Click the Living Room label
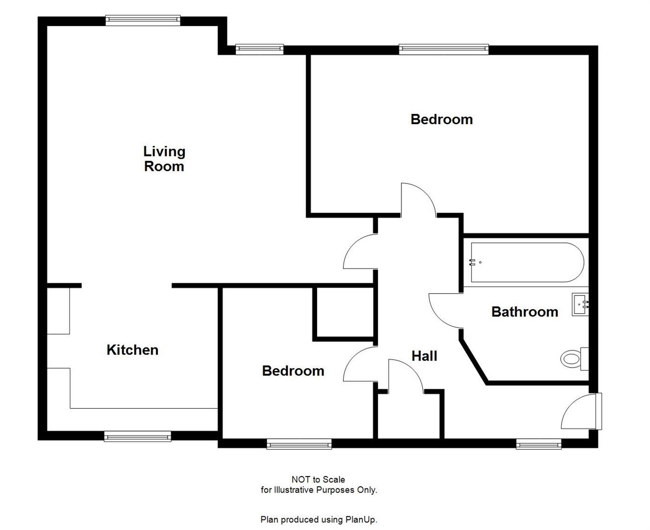164,159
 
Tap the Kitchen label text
132,350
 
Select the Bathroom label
525,312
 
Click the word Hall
424,356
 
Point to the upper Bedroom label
441,119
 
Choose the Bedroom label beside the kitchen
293,371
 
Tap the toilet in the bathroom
572,358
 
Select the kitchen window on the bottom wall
138,436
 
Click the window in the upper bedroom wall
444,49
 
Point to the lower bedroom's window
299,444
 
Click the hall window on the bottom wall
538,444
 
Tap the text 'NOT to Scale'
318,479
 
